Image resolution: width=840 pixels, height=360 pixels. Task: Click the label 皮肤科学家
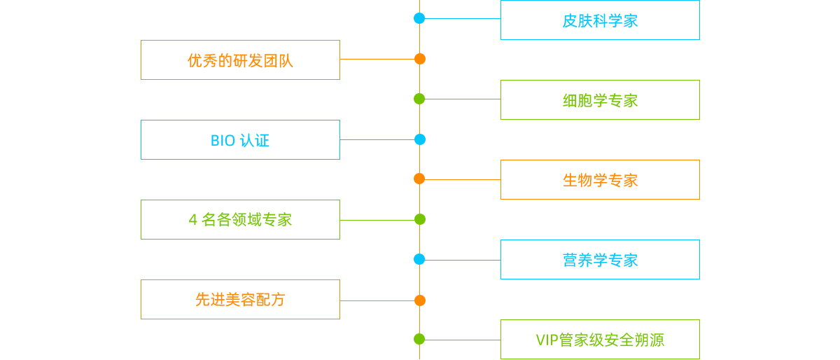[600, 21]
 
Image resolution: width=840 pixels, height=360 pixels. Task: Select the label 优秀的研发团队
[240, 61]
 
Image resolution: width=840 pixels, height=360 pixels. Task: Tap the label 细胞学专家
[600, 101]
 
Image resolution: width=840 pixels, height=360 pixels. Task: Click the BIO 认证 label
[240, 141]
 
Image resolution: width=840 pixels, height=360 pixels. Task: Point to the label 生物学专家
[600, 181]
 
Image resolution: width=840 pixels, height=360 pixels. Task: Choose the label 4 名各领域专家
[240, 220]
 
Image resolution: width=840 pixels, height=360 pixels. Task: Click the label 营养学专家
[600, 261]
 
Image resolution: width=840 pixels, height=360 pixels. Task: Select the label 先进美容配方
[240, 300]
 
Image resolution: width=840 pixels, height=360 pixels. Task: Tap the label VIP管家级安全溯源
[600, 340]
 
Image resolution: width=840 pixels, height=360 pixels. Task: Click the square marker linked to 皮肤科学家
[419, 18]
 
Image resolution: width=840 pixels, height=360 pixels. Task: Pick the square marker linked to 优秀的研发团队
[419, 59]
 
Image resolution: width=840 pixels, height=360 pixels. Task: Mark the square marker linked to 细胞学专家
[419, 99]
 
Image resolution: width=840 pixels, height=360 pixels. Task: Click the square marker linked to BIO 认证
[419, 139]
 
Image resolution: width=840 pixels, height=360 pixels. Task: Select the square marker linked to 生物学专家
[419, 179]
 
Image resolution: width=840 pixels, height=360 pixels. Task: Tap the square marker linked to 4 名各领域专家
[419, 219]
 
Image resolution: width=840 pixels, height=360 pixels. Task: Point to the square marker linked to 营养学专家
[419, 260]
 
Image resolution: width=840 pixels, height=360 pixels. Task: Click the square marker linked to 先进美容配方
[419, 300]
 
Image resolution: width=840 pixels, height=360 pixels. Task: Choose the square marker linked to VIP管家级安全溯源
[419, 340]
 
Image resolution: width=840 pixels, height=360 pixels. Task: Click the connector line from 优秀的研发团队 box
[377, 60]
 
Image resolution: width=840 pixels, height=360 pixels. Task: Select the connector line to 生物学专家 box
[462, 179]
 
